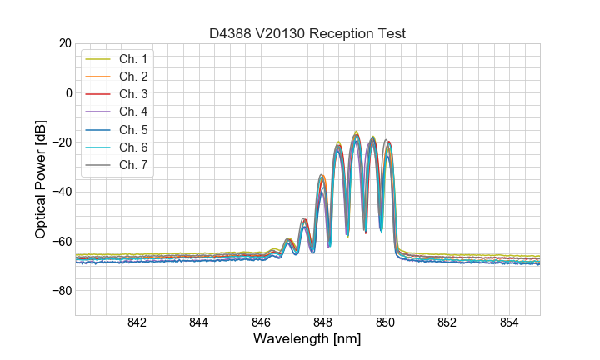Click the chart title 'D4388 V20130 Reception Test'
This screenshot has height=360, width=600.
pos(307,33)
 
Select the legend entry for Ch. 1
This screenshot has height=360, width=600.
pos(132,59)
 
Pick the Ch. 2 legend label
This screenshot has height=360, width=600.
pos(132,77)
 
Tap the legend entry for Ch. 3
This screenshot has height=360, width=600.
pos(132,94)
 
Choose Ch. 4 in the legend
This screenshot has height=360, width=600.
pos(132,112)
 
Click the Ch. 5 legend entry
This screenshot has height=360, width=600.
pos(132,129)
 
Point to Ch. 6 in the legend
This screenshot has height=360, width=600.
pos(132,147)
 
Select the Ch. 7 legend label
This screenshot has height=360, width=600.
pos(132,164)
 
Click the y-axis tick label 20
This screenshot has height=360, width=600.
pos(64,43)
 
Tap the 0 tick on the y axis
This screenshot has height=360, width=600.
pos(68,92)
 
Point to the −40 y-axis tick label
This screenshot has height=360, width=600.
pos(61,192)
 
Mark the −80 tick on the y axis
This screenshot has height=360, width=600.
pos(61,291)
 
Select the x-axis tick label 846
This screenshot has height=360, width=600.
pos(261,323)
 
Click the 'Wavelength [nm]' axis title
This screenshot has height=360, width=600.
pos(307,340)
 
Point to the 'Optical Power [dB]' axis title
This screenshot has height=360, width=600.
pos(40,179)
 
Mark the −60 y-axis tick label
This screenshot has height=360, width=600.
pos(61,242)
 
